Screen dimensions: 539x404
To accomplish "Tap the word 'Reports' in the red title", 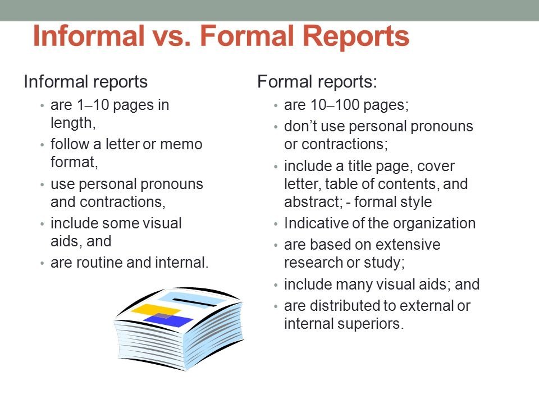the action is pyautogui.click(x=357, y=38).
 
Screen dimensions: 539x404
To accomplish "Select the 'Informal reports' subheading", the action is pyautogui.click(x=85, y=82).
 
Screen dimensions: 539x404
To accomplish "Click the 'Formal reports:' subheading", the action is pyautogui.click(x=317, y=82).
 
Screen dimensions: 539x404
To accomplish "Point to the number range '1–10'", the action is pyautogui.click(x=93, y=105).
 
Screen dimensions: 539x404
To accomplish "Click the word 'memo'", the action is pyautogui.click(x=181, y=144).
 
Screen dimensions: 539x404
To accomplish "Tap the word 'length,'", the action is pyautogui.click(x=73, y=123).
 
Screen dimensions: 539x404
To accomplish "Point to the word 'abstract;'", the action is pyautogui.click(x=313, y=202).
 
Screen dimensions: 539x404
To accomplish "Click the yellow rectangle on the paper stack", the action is pyautogui.click(x=156, y=310).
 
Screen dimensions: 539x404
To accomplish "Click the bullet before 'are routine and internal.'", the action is pyautogui.click(x=42, y=264).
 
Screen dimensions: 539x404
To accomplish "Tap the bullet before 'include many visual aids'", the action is pyautogui.click(x=275, y=285).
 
